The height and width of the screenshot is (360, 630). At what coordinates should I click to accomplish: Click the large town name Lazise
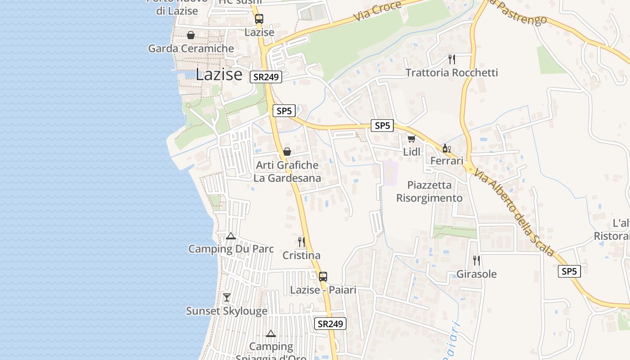pos(219,74)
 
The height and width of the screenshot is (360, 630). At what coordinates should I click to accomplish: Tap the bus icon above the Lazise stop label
pos(259,19)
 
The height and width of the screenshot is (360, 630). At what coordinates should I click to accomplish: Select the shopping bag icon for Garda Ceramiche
pos(191,35)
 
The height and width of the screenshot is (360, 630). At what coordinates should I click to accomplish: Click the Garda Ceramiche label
pos(191,49)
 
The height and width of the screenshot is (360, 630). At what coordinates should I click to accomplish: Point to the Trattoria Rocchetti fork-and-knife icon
pos(452,59)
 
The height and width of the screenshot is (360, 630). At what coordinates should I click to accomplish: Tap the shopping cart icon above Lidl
pos(411,139)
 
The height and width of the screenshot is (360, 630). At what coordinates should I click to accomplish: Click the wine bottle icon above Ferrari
pos(446,148)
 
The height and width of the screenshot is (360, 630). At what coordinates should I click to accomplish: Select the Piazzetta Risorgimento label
pos(429,192)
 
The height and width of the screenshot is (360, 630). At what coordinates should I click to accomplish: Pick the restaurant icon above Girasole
pos(477,260)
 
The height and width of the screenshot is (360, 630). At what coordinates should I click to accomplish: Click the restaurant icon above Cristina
pos(301,242)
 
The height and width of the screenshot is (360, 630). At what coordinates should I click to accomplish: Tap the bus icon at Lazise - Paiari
pos(323,276)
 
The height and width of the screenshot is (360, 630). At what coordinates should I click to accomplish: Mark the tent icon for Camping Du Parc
pos(231,236)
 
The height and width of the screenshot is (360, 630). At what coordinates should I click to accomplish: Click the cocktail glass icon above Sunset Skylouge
pos(227,297)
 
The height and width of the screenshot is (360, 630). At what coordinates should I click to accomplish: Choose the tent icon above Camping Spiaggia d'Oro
pos(271,333)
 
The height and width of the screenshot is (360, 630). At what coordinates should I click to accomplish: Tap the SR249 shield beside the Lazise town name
pos(266,77)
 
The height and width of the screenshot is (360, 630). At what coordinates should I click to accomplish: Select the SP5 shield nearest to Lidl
pos(382,126)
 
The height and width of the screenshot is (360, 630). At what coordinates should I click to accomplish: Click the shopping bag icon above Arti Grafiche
pos(287,152)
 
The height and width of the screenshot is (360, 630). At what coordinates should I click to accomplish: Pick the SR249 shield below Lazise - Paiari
pos(330,324)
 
